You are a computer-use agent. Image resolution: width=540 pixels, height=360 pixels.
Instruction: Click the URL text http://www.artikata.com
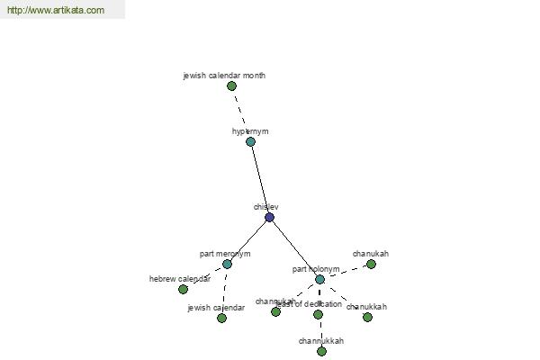pos(56,11)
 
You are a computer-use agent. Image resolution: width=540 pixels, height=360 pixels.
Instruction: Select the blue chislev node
pos(269,217)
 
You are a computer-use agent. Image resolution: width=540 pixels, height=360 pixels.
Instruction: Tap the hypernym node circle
pos(250,141)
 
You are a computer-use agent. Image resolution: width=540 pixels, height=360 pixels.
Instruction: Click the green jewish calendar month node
pos(231,85)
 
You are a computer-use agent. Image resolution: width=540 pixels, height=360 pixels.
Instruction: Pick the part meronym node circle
pos(227,264)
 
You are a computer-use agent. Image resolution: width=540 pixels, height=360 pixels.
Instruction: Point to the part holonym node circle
pos(319,279)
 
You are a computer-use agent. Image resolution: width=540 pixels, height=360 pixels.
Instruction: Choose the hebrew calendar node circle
pos(183,289)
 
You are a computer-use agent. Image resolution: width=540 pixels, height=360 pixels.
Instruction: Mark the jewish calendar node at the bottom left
pos(221,318)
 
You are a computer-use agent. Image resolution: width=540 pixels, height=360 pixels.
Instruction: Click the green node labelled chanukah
pos(371,264)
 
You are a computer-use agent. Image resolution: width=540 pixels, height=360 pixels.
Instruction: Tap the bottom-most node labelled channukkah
pos(321,351)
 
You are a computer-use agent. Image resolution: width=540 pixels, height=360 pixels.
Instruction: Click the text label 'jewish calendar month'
pos(224,76)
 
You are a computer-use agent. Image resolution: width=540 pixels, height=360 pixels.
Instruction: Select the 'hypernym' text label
pos(250,131)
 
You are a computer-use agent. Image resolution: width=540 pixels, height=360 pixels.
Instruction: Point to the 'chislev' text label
pos(265,207)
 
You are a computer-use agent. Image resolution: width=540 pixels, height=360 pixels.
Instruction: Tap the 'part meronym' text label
pos(225,254)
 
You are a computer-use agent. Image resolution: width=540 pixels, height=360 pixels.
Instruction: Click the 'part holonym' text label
pos(316,269)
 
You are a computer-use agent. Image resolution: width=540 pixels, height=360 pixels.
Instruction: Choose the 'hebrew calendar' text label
pos(180,279)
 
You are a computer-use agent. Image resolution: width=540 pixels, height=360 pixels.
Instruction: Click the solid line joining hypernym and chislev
pos(260,180)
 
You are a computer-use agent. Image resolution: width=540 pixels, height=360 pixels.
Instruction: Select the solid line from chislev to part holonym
pos(294,248)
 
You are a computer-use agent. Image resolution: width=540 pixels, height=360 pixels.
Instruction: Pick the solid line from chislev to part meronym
pos(248,240)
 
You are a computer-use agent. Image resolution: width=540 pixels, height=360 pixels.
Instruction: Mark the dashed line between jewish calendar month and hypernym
pos(241,114)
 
